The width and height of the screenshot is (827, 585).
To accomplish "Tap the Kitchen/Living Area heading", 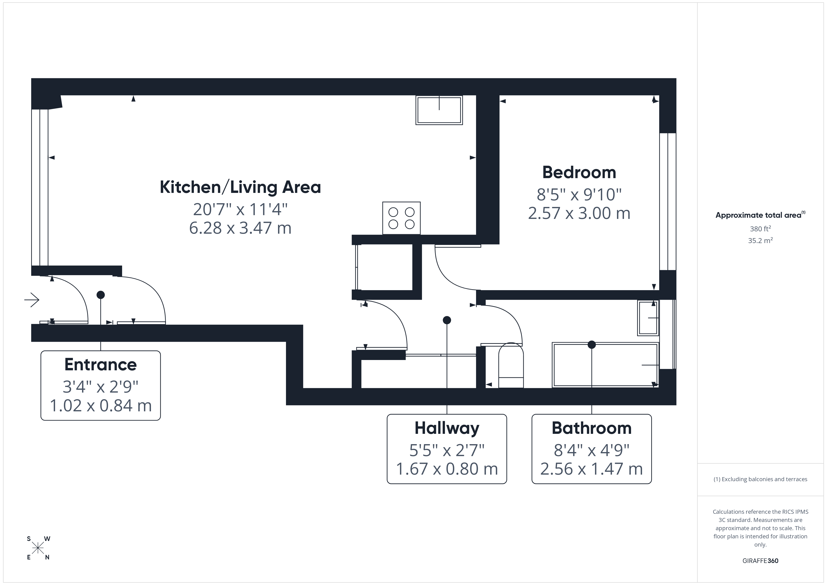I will pyautogui.click(x=240, y=187).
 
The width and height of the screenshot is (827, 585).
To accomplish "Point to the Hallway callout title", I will pyautogui.click(x=447, y=428).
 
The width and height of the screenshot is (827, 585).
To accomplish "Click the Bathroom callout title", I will pyautogui.click(x=591, y=428).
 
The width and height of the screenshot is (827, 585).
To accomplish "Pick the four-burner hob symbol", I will pyautogui.click(x=401, y=218).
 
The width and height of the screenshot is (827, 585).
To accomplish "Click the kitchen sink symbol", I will pyautogui.click(x=439, y=110).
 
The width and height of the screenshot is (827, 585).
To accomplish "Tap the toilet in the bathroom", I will pyautogui.click(x=511, y=366).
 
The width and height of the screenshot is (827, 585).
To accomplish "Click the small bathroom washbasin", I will pyautogui.click(x=648, y=318).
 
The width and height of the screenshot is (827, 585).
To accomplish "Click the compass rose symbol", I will pyautogui.click(x=38, y=548).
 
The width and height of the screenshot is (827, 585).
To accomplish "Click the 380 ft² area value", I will pyautogui.click(x=760, y=229).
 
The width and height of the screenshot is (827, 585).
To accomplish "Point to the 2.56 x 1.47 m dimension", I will pyautogui.click(x=591, y=469).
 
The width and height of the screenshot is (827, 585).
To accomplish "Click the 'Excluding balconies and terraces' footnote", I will pyautogui.click(x=760, y=479).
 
